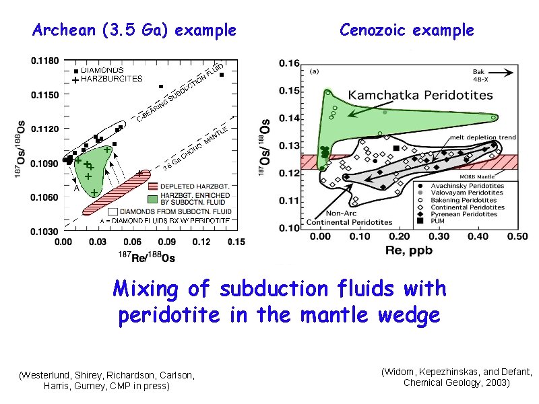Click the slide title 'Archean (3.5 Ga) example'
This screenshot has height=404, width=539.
click(135, 30)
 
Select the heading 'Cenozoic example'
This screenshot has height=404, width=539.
click(407, 30)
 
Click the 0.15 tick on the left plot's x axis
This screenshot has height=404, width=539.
click(236, 242)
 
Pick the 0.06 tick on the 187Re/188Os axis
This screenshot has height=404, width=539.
click(132, 242)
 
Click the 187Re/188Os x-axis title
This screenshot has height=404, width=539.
click(147, 256)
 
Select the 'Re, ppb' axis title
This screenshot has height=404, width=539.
click(409, 250)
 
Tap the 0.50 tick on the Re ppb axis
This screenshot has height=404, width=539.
click(517, 236)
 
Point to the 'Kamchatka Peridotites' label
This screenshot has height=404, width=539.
click(420, 95)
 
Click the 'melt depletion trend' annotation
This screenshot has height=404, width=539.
click(483, 137)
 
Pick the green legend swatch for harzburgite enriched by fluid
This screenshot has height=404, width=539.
click(153, 199)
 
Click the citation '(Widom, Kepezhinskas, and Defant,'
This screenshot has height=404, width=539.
click(457, 372)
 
